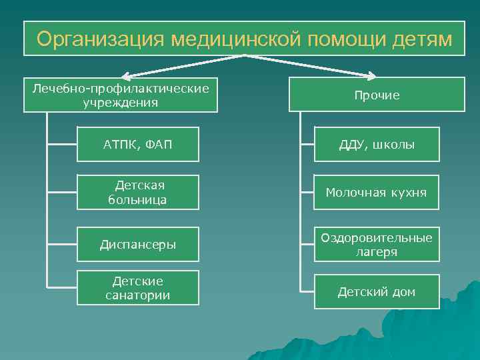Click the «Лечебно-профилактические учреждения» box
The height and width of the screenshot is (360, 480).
tap(121, 95)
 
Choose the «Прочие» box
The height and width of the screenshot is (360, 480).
tap(377, 95)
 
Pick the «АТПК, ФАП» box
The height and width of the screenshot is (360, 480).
tap(137, 145)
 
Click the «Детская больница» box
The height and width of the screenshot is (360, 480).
tap(137, 193)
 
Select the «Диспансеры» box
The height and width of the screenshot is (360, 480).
tap(137, 244)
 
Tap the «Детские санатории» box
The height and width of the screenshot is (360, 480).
tap(137, 288)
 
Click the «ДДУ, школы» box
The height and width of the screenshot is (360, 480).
tap(377, 145)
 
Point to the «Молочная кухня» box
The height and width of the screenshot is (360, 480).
tap(377, 193)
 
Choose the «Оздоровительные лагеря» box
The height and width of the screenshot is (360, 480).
tap(377, 244)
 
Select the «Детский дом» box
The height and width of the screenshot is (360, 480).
tap(377, 292)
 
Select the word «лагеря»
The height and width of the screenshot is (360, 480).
tap(377, 252)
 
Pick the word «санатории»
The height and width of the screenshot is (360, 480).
tap(137, 295)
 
